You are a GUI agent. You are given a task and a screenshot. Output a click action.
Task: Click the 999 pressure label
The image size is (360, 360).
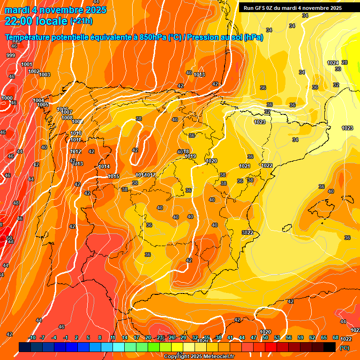[10, 56]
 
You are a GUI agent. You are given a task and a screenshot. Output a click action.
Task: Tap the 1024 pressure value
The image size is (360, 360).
[332, 63]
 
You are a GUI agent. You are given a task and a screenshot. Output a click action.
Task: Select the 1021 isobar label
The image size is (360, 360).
[244, 166]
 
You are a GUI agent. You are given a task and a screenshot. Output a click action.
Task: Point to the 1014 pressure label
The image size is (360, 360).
[104, 167]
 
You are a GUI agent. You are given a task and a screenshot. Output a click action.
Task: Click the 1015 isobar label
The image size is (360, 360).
[113, 176]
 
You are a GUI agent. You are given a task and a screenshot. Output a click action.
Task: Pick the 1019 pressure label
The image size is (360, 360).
[190, 157]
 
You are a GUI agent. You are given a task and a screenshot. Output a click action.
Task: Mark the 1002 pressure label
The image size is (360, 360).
[34, 72]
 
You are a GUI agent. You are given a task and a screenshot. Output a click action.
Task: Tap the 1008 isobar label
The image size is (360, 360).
[67, 118]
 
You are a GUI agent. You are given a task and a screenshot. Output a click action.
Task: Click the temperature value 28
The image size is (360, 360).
[345, 62]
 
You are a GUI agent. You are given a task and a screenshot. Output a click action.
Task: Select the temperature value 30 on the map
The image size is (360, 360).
[337, 69]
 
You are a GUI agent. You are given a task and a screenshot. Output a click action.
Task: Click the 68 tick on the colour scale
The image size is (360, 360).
[336, 337]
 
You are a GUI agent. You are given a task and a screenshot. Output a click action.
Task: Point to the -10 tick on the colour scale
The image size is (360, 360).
[32, 337]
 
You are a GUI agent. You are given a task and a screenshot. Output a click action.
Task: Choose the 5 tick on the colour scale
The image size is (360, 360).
[88, 337]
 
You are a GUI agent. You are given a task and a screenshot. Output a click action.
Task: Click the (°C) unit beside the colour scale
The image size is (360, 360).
[345, 348]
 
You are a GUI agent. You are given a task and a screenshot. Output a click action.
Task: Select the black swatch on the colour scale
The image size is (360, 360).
[330, 347]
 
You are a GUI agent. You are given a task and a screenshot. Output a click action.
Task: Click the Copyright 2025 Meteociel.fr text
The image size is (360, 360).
[199, 356]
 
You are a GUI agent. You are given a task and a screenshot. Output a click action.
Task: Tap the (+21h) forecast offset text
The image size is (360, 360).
[81, 21]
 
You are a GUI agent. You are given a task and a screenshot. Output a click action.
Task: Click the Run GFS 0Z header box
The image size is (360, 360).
[292, 7]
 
